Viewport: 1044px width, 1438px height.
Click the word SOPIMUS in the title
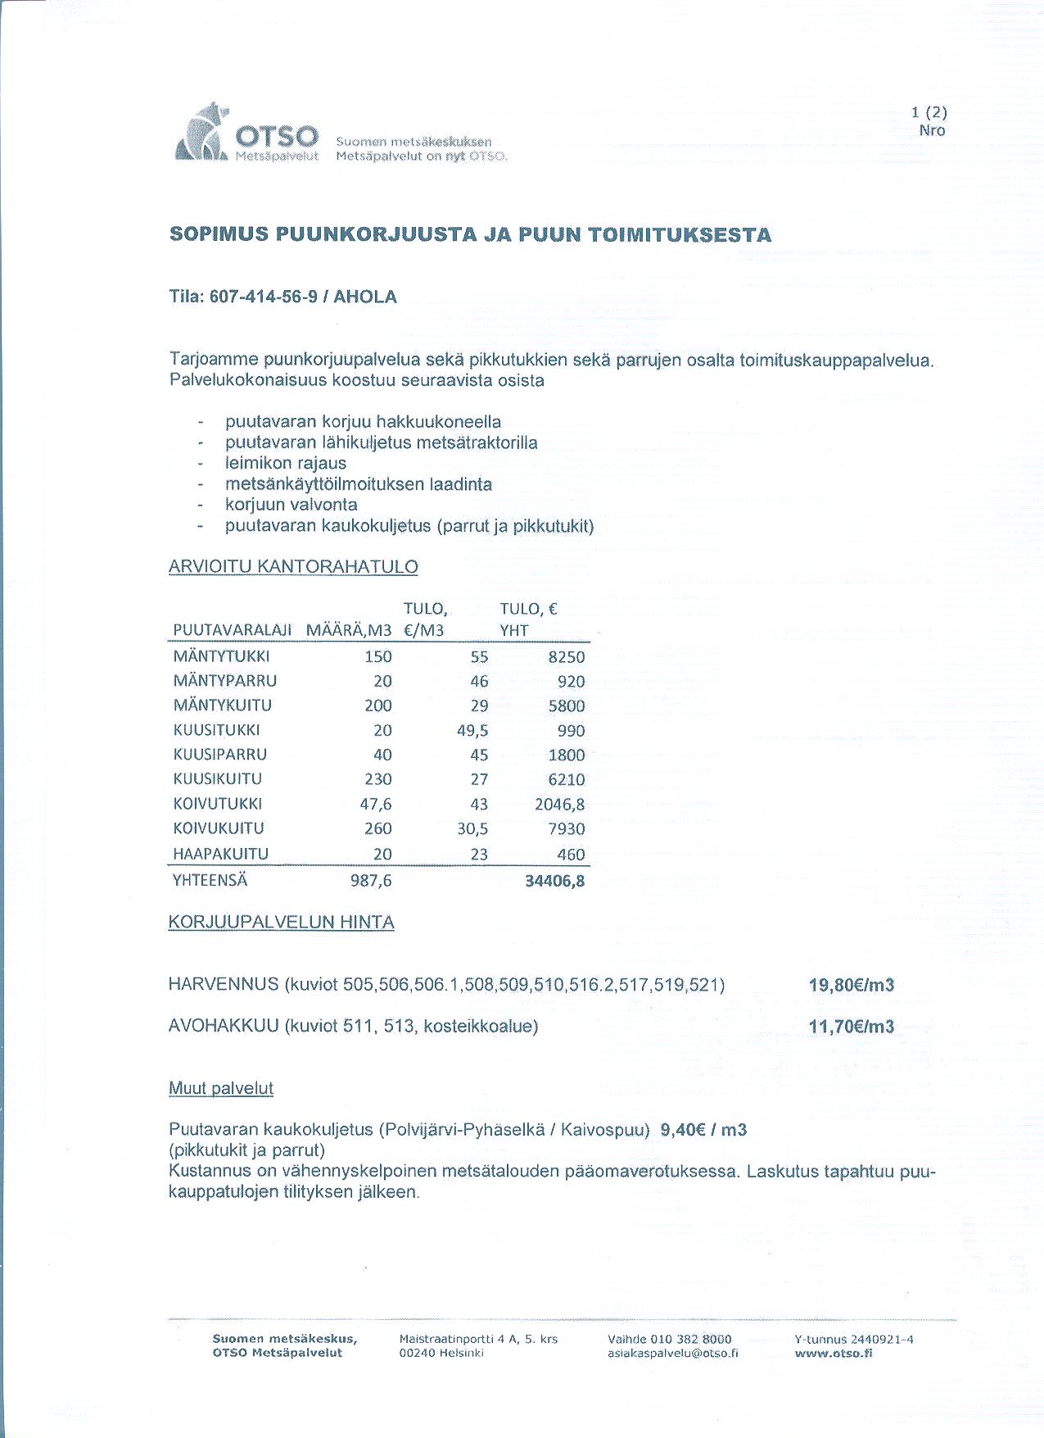pos(219,235)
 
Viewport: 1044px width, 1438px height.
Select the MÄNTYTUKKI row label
pos(221,656)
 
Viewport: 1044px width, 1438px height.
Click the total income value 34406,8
pos(554,882)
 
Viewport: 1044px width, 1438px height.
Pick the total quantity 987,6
pos(371,881)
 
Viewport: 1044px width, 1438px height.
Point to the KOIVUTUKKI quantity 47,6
pos(376,804)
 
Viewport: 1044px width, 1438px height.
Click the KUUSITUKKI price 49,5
pos(472,730)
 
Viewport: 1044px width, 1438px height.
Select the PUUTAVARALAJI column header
pos(233,630)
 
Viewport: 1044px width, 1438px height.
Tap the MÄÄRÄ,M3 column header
pos(349,630)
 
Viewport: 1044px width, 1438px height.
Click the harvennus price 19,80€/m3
pos(852,985)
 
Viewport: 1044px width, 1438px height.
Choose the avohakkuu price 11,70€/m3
pos(852,1027)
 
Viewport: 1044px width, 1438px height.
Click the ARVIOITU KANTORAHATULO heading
pos(293,567)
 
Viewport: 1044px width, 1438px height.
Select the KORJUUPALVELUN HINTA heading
pos(281,923)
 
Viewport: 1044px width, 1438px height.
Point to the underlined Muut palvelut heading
pos(220,1088)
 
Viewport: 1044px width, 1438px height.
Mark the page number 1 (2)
pos(929,113)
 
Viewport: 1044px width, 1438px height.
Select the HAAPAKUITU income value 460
pos(571,855)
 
